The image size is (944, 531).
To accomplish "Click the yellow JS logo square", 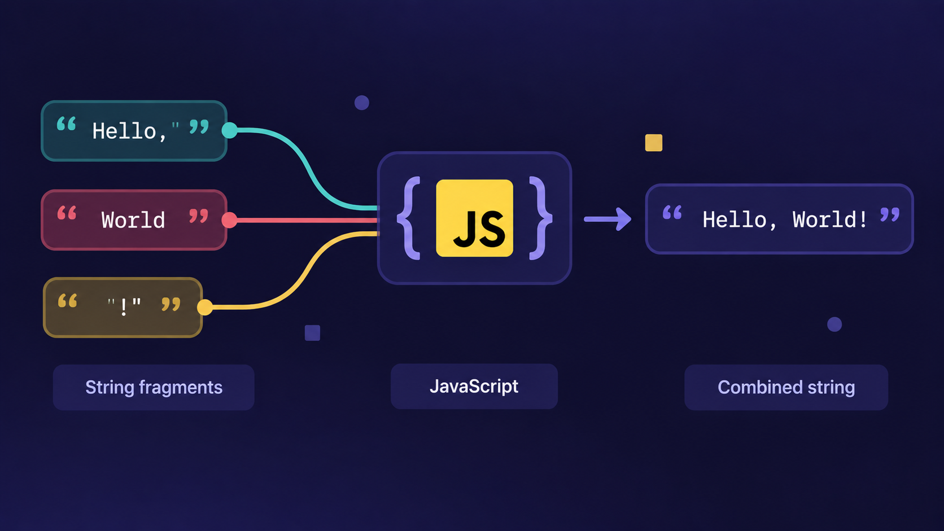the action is pos(474,218).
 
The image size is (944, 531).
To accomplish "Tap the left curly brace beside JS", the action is pos(408,218).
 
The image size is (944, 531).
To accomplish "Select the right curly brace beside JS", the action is pos(541,218).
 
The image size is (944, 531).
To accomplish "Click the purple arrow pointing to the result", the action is pos(608,219).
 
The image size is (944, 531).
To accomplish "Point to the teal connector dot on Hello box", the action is pos(230,130).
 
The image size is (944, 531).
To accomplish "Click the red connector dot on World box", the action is pos(229,220).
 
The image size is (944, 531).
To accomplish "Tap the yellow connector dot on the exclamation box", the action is pos(205,308).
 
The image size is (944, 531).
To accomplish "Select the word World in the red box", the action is pos(133,220).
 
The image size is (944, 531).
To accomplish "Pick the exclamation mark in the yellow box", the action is pos(124,307).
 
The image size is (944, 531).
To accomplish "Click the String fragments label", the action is pos(154,388).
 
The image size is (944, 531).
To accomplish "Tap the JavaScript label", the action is pos(474,387).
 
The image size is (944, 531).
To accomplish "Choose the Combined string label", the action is pos(786,388).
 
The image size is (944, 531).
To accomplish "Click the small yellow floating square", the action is pos(654,143).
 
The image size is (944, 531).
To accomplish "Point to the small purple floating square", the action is pos(312,333).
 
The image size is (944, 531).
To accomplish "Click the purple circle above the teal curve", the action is pos(361,103).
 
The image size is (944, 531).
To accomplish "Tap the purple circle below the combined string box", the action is pos(834,324).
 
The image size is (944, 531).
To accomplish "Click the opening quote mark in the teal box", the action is pos(66,124).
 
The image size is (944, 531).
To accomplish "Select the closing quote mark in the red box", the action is pos(199,216).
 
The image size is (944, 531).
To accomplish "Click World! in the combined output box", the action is pos(830,220).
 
